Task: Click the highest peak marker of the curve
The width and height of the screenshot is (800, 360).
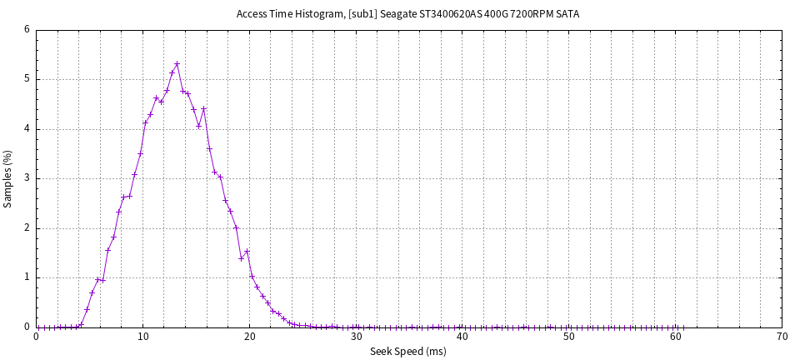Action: point(177,63)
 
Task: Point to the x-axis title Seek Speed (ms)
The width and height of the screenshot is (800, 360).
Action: point(408,352)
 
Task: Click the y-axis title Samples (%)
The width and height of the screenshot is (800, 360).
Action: point(8,178)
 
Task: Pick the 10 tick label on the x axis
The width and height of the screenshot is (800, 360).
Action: point(142,337)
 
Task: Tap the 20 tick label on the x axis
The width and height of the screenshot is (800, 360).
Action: point(249,337)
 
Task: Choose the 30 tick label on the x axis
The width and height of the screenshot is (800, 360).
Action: point(356,337)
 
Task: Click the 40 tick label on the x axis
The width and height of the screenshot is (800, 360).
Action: point(462,337)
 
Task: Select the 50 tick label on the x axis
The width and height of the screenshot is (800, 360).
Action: point(569,337)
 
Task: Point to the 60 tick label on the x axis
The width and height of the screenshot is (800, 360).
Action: point(676,337)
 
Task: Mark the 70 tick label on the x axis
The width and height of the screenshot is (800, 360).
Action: point(782,337)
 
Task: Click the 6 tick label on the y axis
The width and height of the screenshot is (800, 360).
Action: point(27,30)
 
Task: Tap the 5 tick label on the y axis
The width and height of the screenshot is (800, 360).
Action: point(27,79)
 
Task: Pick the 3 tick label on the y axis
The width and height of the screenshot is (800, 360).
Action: point(27,178)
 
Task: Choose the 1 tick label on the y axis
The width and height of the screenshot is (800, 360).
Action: point(27,277)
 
